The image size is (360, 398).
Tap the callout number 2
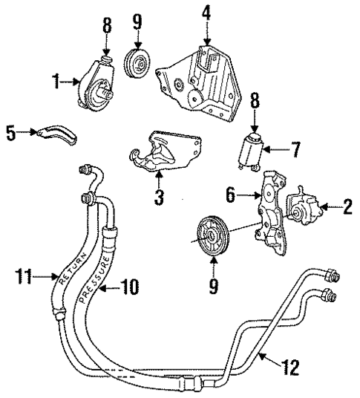point(347,209)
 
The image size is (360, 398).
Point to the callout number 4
point(207,13)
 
